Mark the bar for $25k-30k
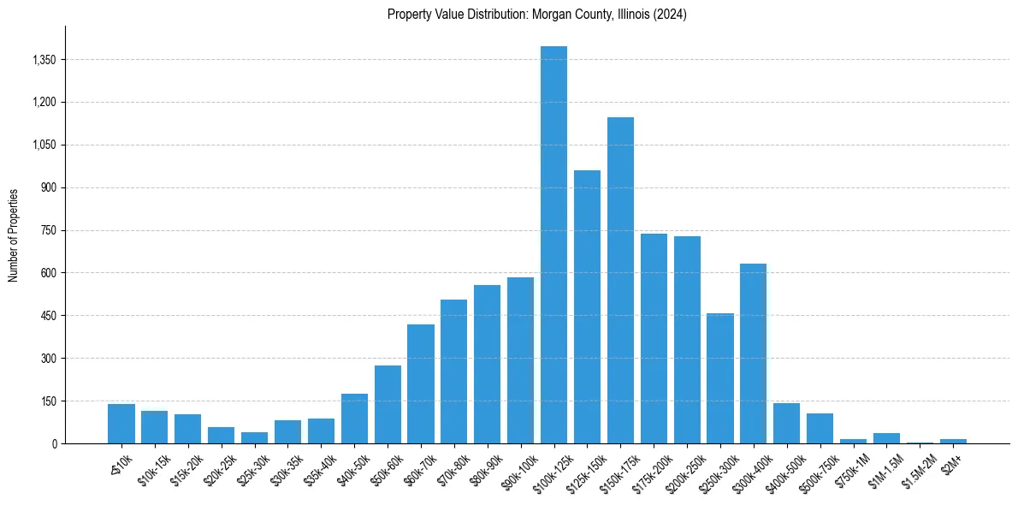pyautogui.click(x=254, y=437)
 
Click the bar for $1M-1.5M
pyautogui.click(x=886, y=438)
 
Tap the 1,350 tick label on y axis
pyautogui.click(x=43, y=60)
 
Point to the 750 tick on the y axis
pyautogui.click(x=48, y=230)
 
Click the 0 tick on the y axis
pyautogui.click(x=53, y=443)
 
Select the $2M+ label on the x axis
pyautogui.click(x=952, y=462)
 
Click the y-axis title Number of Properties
pyautogui.click(x=13, y=235)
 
